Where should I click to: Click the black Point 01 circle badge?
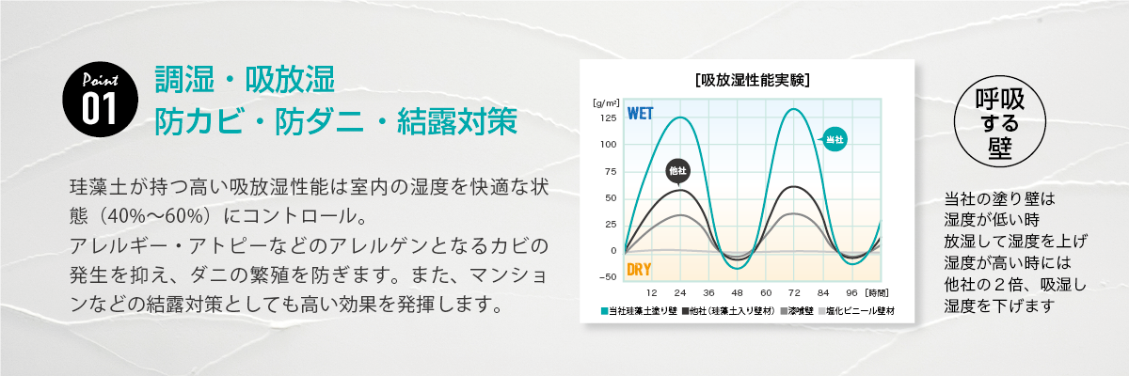point(93,97)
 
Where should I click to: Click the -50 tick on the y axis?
point(607,276)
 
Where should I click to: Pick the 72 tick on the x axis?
point(792,292)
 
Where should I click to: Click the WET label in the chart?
point(640,114)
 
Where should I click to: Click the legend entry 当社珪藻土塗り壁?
point(638,310)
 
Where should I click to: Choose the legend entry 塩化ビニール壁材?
point(856,310)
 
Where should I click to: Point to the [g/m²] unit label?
point(605,102)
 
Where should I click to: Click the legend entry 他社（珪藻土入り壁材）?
point(730,310)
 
